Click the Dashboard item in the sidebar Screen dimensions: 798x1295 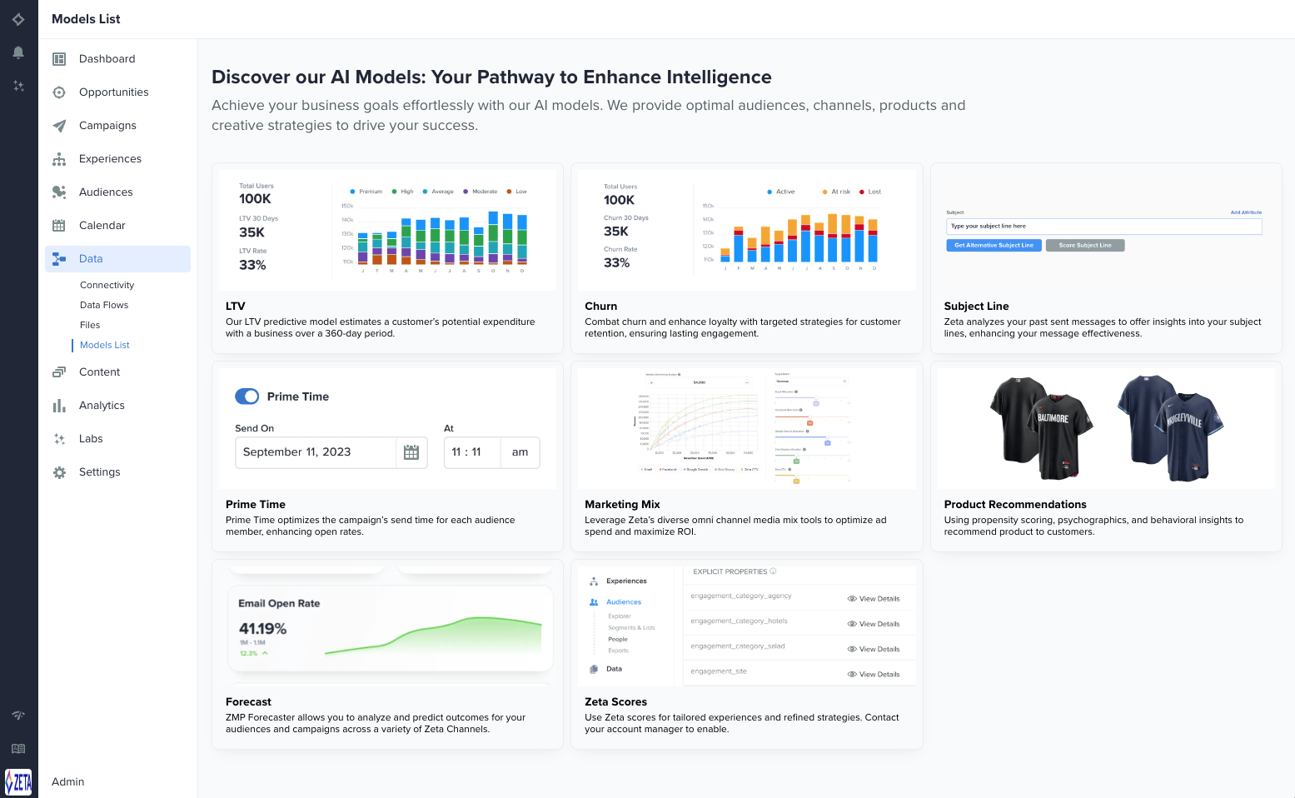(107, 59)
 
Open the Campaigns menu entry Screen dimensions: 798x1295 (107, 126)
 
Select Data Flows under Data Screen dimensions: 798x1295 (104, 305)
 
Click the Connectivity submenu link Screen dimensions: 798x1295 (107, 285)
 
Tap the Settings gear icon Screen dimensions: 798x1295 (59, 472)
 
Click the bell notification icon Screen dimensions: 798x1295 (18, 52)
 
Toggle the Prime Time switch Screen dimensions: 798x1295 (247, 397)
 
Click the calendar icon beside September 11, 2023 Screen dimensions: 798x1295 (411, 452)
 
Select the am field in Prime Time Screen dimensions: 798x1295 (520, 452)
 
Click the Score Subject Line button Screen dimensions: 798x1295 (1084, 246)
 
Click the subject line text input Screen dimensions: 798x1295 (1103, 227)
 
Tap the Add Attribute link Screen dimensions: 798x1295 (1246, 212)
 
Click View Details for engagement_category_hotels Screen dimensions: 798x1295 (874, 624)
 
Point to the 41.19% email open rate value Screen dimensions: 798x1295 (262, 629)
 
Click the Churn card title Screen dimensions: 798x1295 (600, 307)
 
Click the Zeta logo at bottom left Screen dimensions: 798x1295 (18, 782)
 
